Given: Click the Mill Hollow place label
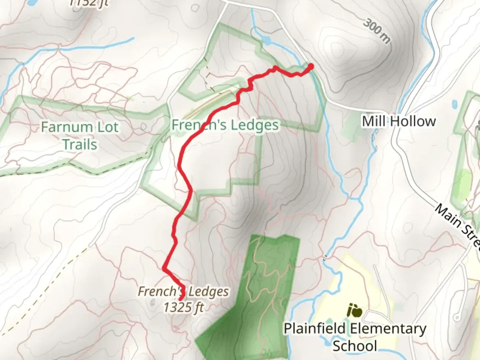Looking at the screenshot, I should coord(399,121).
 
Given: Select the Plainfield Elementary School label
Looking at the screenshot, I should coord(355,337).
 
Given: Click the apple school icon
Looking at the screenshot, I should coord(354,311).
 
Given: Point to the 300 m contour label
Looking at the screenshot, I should coord(376,31).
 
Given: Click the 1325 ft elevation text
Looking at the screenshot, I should coord(183,307).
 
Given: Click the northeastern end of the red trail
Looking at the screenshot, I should coord(311,66).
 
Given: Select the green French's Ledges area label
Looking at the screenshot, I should coord(225,125).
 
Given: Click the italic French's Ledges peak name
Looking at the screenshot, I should coord(183,291).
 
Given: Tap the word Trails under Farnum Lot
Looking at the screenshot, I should coord(80,145).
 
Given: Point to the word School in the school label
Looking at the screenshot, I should coord(355,345).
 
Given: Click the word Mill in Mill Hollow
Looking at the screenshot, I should coord(373,121).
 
